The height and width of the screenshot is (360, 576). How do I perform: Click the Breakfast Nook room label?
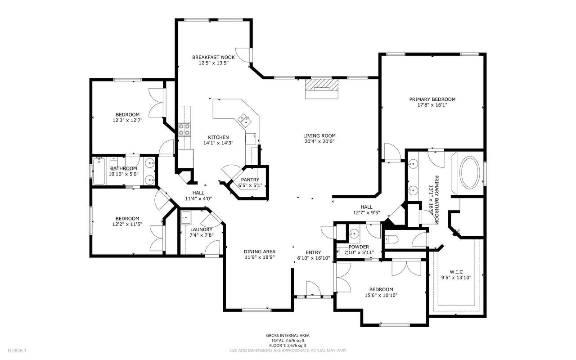tap(213, 57)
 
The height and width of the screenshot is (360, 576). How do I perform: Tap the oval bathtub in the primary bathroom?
tap(470, 172)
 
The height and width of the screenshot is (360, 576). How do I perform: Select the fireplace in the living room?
tap(322, 89)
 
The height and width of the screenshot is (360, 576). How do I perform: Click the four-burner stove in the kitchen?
tap(184, 129)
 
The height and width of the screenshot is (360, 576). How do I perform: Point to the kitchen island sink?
tap(244, 120)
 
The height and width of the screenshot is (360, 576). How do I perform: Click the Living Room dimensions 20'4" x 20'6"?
tap(319, 141)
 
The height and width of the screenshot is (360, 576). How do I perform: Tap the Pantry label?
tap(250, 180)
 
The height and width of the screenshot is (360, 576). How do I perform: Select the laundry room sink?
tap(185, 217)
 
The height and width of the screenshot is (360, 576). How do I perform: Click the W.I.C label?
tap(456, 272)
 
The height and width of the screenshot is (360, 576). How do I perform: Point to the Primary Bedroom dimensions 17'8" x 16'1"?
tap(432, 105)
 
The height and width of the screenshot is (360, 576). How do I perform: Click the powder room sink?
tap(354, 233)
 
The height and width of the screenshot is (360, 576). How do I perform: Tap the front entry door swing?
tap(314, 288)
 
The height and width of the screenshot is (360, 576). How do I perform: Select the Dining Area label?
tap(260, 252)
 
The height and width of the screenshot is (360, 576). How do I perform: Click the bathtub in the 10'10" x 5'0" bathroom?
tap(99, 171)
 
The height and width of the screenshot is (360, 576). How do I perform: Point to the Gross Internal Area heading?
tap(288, 335)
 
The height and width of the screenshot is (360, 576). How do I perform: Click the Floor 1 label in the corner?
tap(17, 351)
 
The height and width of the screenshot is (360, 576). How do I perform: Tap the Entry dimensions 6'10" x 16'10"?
tap(314, 258)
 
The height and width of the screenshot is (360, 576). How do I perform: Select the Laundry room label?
tap(201, 229)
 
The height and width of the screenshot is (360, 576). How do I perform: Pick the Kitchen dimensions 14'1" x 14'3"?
tap(218, 143)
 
